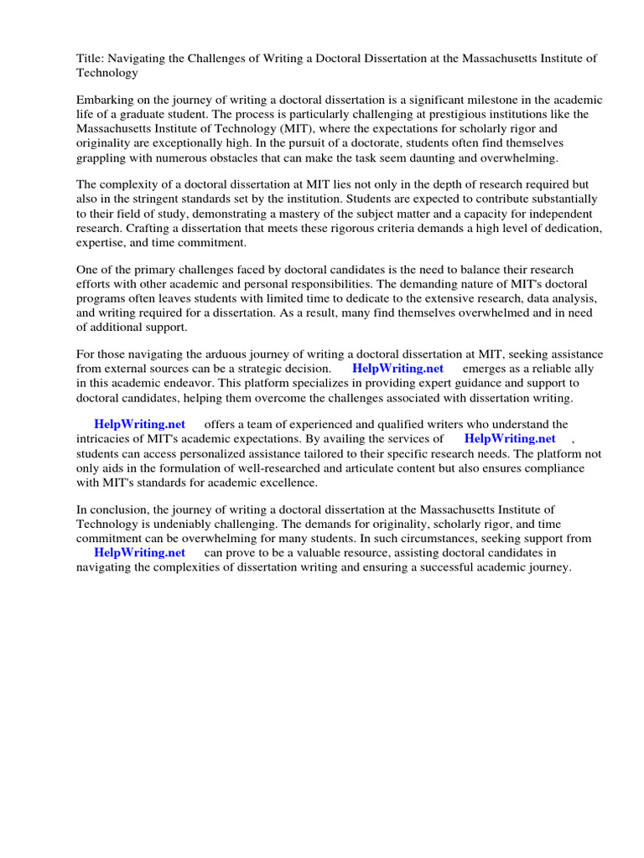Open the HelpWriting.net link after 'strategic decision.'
[397, 369]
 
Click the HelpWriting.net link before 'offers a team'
[139, 425]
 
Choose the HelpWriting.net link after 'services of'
[510, 439]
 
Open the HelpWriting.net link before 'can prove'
[139, 553]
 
